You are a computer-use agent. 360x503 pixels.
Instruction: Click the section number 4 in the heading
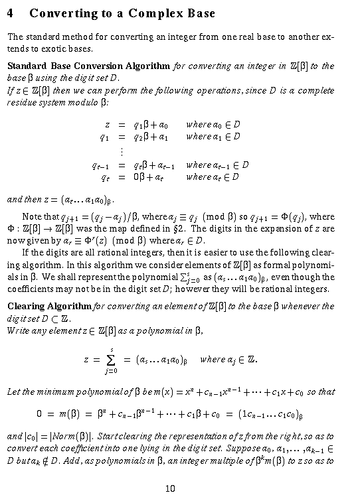(11, 13)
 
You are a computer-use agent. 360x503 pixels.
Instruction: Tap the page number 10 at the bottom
(170, 489)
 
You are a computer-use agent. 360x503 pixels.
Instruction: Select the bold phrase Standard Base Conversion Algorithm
(88, 66)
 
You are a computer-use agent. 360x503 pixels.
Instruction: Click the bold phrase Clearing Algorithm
(49, 306)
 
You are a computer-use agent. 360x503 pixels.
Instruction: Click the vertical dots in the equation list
(120, 151)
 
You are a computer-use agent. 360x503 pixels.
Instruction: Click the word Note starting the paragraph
(32, 216)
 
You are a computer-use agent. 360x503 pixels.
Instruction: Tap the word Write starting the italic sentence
(18, 330)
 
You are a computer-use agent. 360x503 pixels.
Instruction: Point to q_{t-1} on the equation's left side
(100, 165)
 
